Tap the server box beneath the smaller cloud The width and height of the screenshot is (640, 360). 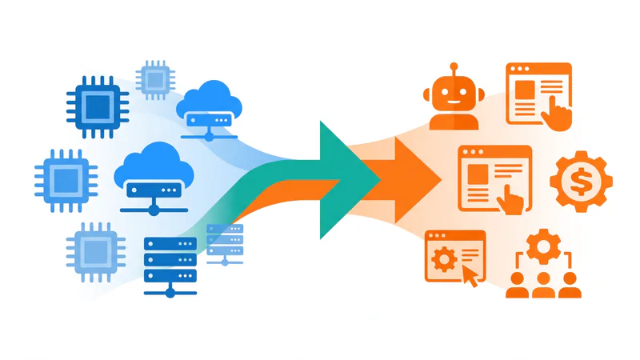209,121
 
